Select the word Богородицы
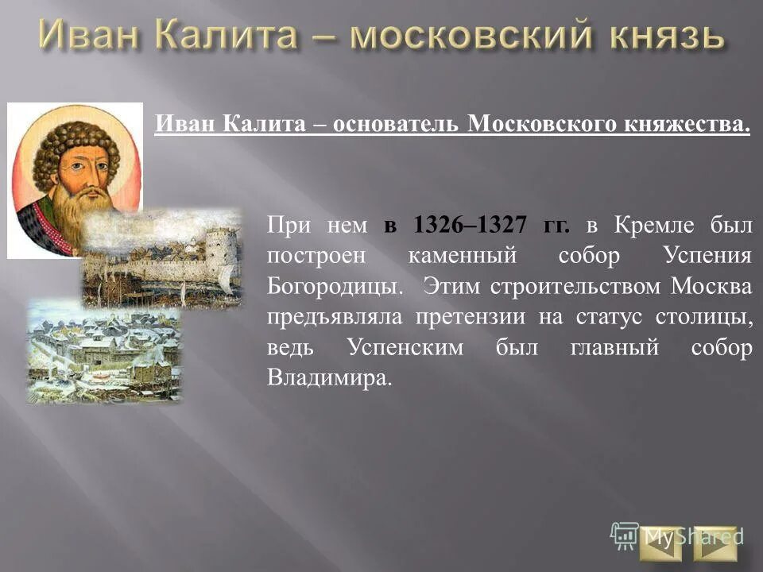click(333, 287)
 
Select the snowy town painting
click(103, 350)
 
